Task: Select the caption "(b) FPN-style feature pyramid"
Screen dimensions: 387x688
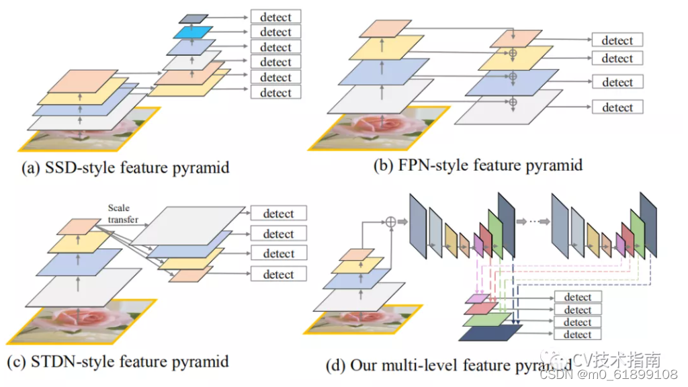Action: (x=478, y=165)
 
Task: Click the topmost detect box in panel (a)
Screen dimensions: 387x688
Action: (x=275, y=17)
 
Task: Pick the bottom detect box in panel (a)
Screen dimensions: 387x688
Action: (x=275, y=92)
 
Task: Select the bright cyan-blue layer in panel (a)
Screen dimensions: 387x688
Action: (x=192, y=32)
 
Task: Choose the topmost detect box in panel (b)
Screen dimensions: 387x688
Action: (x=617, y=40)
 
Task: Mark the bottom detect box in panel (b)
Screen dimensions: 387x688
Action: (x=617, y=107)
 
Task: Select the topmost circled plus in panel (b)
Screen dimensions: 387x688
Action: (x=513, y=52)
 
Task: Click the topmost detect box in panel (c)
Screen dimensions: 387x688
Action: (x=278, y=214)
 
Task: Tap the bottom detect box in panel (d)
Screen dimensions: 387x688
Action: (x=577, y=335)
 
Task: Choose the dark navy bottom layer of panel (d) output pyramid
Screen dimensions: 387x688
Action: (x=491, y=332)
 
